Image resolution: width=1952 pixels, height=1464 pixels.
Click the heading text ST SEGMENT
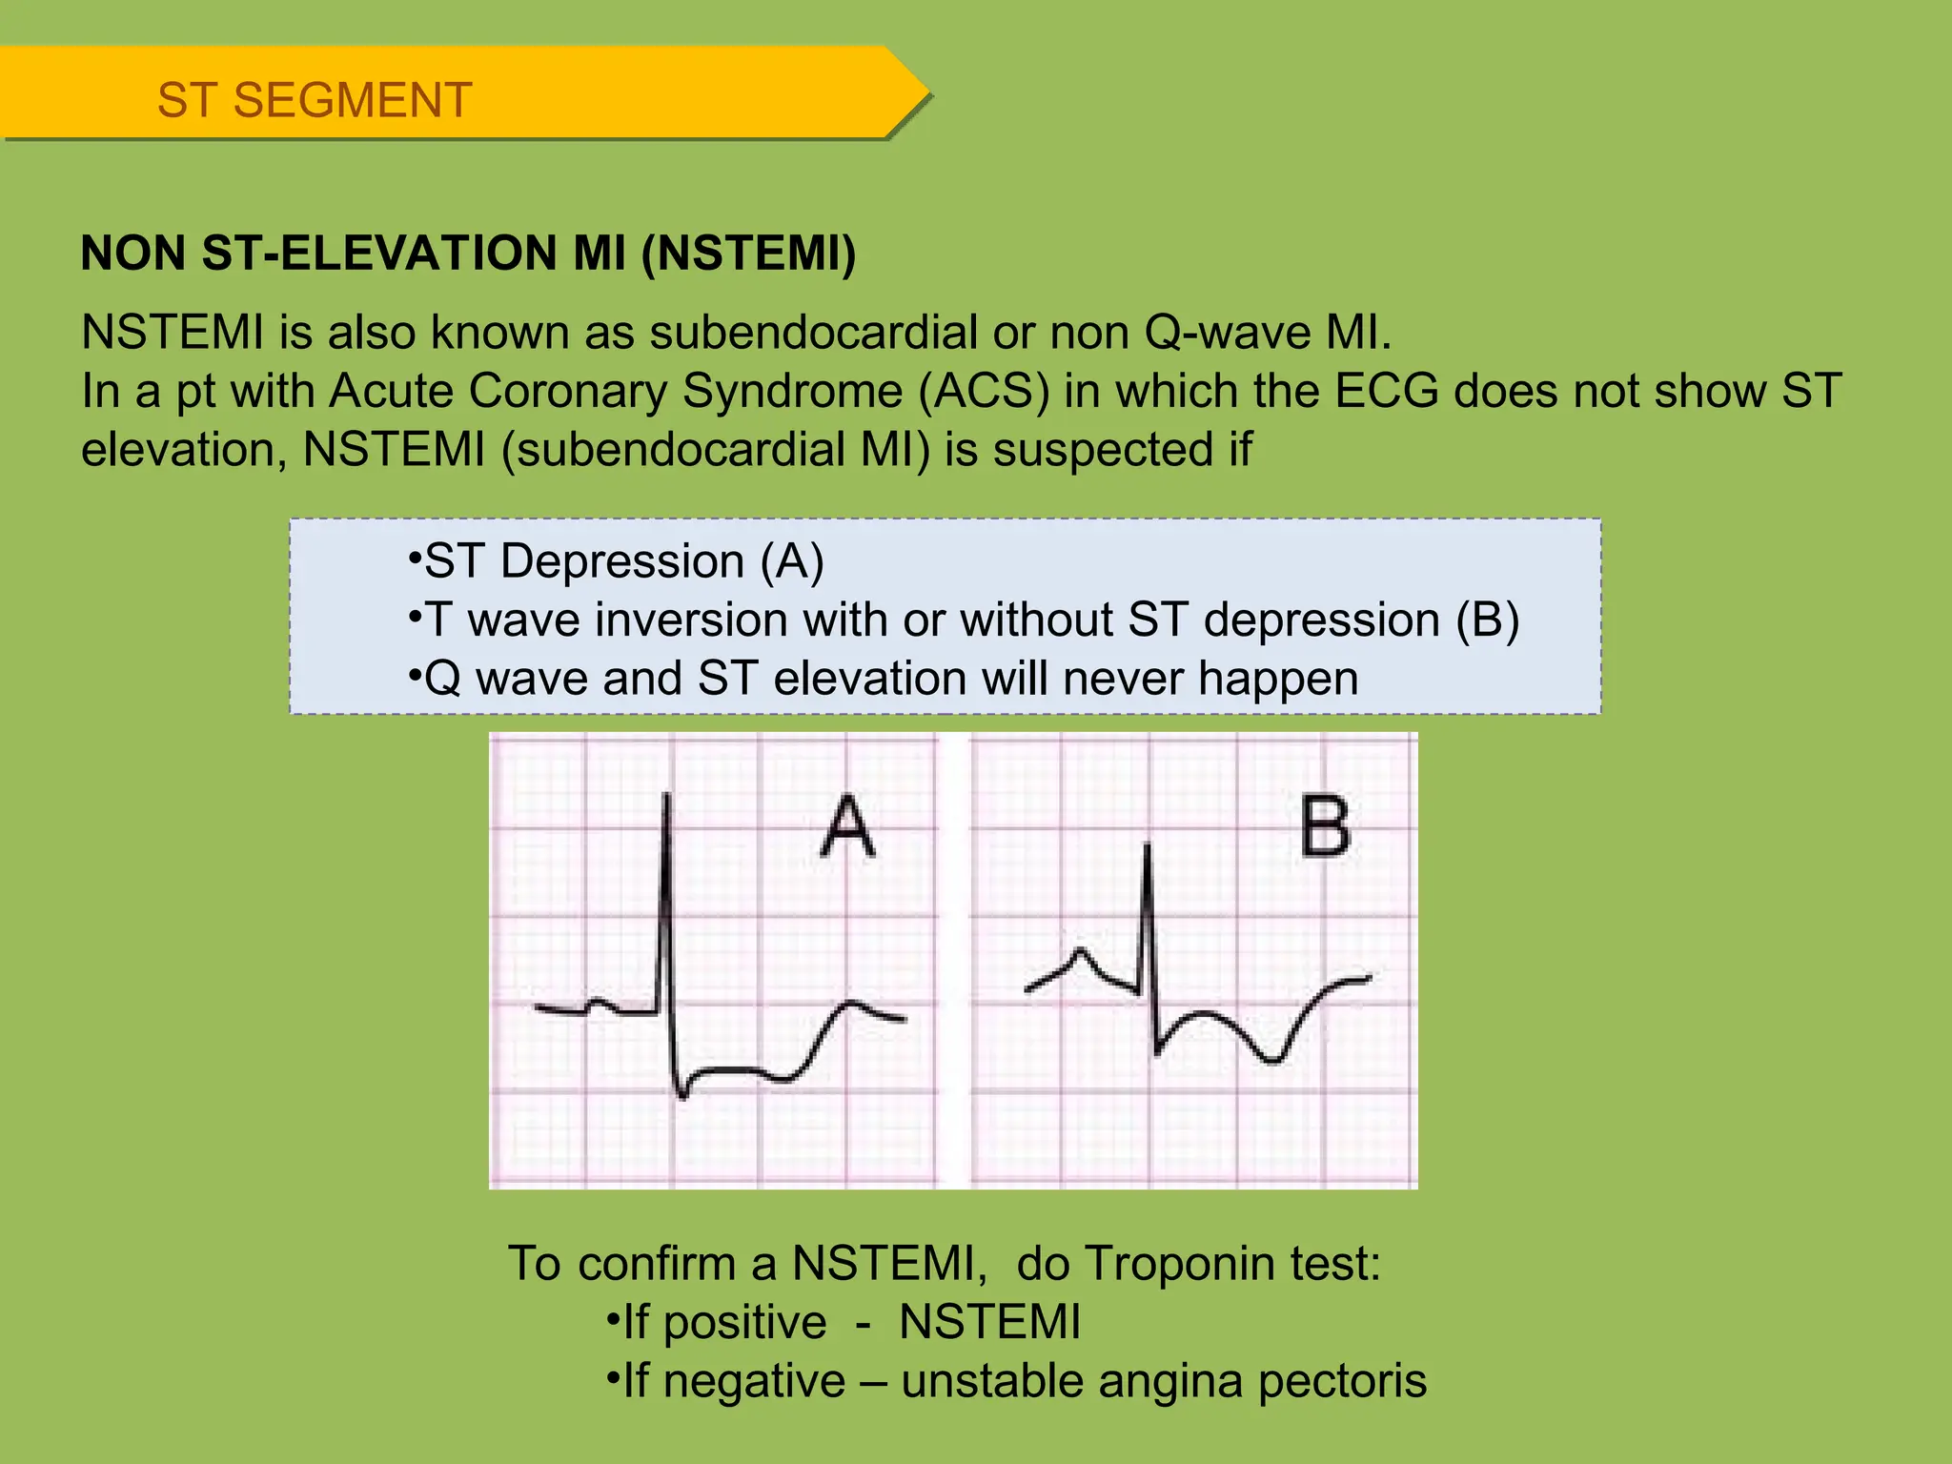pyautogui.click(x=315, y=100)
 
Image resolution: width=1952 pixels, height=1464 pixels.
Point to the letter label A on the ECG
pyautogui.click(x=847, y=827)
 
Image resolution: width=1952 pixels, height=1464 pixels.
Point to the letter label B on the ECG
pyautogui.click(x=1325, y=827)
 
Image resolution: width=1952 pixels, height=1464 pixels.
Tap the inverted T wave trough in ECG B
pyautogui.click(x=1271, y=1059)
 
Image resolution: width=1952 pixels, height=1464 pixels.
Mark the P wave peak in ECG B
pyautogui.click(x=1080, y=951)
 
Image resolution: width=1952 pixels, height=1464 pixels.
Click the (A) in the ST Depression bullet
pyautogui.click(x=792, y=561)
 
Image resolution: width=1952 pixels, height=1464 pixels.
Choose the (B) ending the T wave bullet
pyautogui.click(x=1487, y=620)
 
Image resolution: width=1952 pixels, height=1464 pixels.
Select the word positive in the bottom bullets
pyautogui.click(x=744, y=1323)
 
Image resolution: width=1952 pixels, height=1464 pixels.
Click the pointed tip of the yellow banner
pyautogui.click(x=927, y=93)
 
